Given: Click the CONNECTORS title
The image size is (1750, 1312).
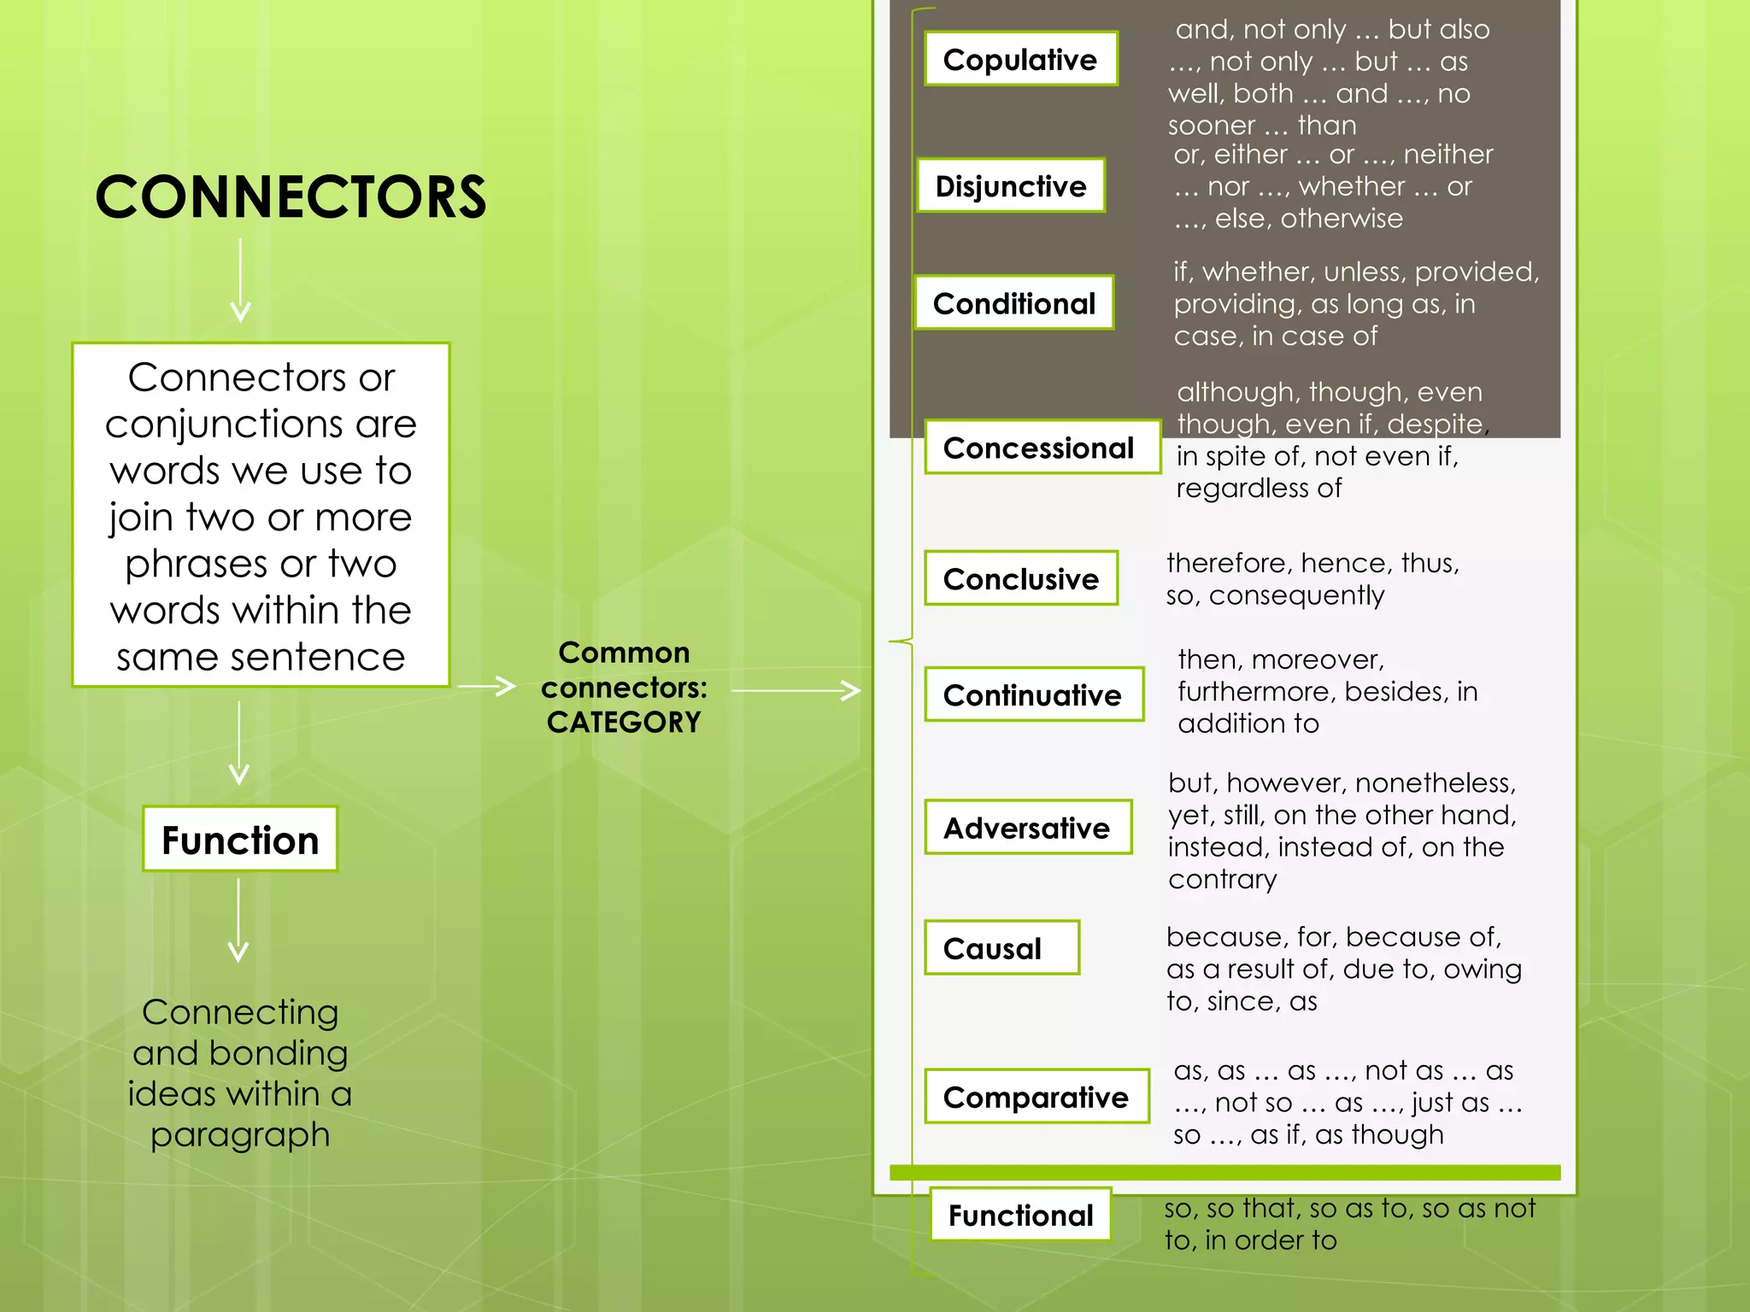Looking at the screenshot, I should click(x=291, y=197).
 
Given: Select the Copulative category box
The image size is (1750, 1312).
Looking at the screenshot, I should click(x=1020, y=59).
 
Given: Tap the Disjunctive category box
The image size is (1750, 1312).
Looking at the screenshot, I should click(x=1011, y=185).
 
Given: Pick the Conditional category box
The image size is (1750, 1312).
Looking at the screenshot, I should click(x=1013, y=303).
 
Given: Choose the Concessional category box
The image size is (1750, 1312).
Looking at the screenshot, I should click(x=1042, y=447).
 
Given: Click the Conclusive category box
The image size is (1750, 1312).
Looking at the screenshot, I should click(x=1021, y=578).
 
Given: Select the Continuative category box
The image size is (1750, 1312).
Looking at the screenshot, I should click(x=1033, y=694).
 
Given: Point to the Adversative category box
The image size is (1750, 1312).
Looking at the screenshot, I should click(x=1027, y=827).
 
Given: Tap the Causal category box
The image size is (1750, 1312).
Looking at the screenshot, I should click(x=1001, y=947).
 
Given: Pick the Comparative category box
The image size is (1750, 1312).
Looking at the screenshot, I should click(x=1036, y=1096).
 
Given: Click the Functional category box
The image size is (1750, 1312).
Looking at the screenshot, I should click(x=1020, y=1215).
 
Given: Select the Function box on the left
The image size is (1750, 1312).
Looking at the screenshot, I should click(x=240, y=840).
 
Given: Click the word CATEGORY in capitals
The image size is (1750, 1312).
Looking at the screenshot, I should click(x=624, y=723).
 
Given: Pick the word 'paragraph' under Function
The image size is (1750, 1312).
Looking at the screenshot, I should click(x=240, y=1135).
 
